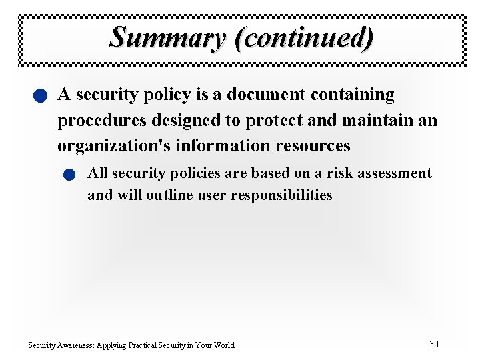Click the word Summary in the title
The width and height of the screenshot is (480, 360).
pyautogui.click(x=169, y=37)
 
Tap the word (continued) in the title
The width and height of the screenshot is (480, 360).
pyautogui.click(x=304, y=37)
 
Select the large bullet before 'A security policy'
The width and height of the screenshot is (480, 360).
pyautogui.click(x=41, y=97)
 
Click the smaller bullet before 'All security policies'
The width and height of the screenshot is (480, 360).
pyautogui.click(x=69, y=175)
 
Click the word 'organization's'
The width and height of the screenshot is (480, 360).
pyautogui.click(x=114, y=145)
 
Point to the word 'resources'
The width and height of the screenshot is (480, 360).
pyautogui.click(x=311, y=145)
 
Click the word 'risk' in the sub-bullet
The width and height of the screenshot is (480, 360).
pyautogui.click(x=341, y=173)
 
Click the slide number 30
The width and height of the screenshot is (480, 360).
pyautogui.click(x=433, y=344)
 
